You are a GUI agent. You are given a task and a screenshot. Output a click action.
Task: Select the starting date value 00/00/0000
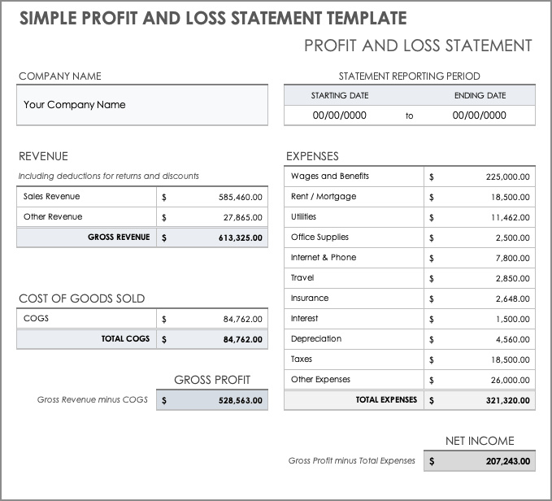pos(339,115)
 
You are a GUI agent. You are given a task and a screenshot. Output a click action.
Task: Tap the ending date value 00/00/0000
pos(479,115)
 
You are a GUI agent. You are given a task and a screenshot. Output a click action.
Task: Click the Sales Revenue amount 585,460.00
pos(240,197)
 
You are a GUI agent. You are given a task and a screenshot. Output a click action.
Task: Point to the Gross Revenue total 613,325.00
pos(240,237)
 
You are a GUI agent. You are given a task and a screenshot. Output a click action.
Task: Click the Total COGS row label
pos(125,339)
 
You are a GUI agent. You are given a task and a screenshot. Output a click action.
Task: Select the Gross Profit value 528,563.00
pos(240,400)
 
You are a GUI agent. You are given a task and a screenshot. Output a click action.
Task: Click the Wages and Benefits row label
pos(329,176)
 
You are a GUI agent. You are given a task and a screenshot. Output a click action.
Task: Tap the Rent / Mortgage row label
pos(323,197)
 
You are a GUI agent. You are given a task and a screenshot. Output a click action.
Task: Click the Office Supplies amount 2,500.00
pos(512,237)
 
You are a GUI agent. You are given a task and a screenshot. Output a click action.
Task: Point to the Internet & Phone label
pos(323,258)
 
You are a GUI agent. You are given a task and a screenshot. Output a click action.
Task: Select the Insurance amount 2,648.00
pos(512,298)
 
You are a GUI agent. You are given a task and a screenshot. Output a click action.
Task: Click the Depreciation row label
pos(315,339)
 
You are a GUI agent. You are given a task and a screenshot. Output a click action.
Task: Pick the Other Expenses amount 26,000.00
pos(509,380)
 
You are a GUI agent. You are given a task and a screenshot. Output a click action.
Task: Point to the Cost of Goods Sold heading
pos(81,298)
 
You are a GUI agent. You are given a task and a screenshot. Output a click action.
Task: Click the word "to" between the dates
pos(409,116)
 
